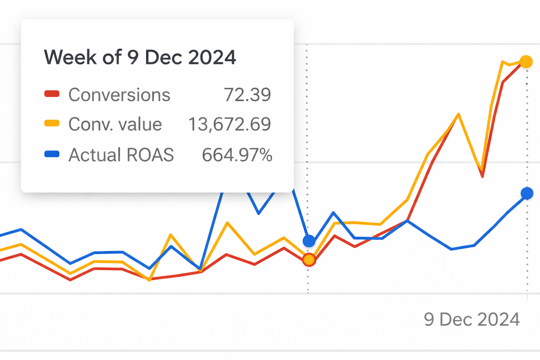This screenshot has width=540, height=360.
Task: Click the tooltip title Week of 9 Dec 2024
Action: (x=140, y=57)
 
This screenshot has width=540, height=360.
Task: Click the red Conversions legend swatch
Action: (x=52, y=94)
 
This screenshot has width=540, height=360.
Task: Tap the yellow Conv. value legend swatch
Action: (x=52, y=123)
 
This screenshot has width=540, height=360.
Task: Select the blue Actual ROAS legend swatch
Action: (x=52, y=154)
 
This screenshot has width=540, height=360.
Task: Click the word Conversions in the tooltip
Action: (x=119, y=95)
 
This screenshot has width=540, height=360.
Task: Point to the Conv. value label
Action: (x=115, y=124)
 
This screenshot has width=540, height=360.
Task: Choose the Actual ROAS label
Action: (x=121, y=155)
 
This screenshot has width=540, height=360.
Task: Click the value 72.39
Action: (x=247, y=95)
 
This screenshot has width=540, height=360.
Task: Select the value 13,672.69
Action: (x=229, y=124)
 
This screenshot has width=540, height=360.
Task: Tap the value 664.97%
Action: (x=237, y=155)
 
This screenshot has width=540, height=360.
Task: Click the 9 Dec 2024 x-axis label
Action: (x=471, y=320)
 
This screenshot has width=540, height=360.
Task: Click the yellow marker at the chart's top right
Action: (x=526, y=62)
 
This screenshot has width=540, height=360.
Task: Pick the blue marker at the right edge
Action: (x=527, y=193)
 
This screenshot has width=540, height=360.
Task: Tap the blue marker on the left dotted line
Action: (x=309, y=241)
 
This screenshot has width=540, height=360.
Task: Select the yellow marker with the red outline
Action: (x=309, y=260)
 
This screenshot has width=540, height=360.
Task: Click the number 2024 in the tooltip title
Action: (x=212, y=57)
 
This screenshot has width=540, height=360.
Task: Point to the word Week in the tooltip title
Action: (x=70, y=57)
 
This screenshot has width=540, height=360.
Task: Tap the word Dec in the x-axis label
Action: (x=456, y=320)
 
